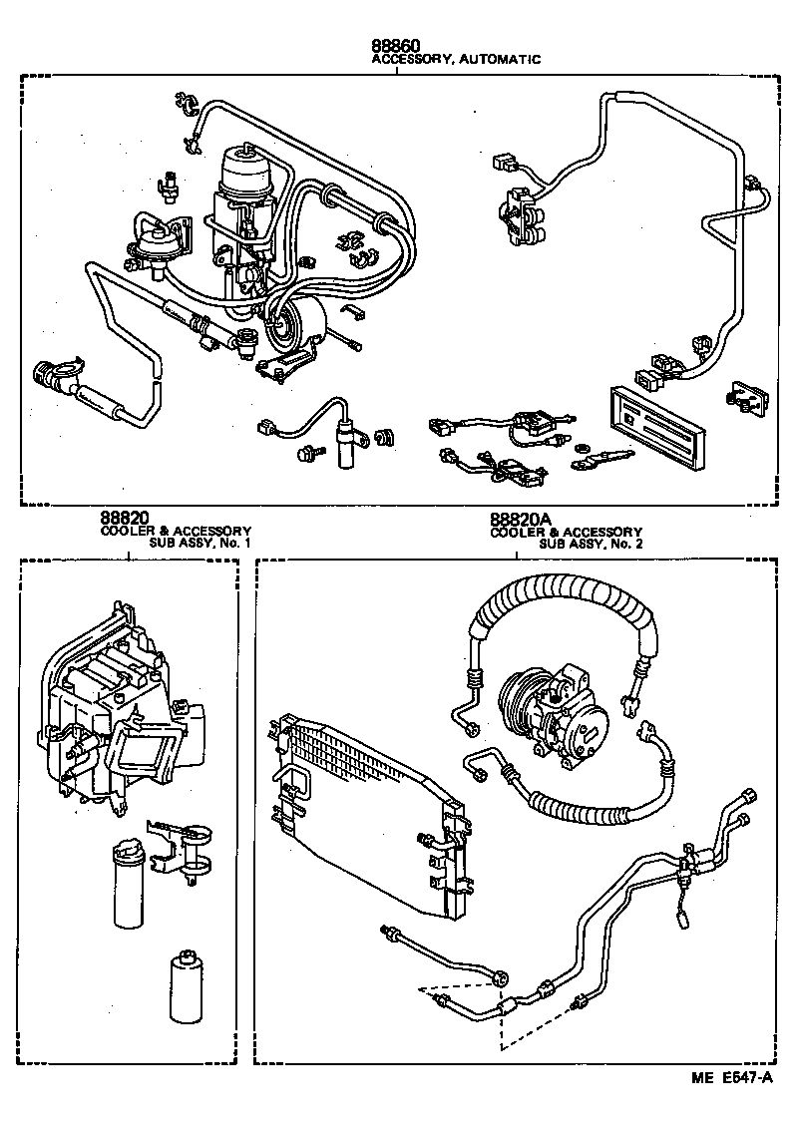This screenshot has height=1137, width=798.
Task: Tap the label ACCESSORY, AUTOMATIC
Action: [x=456, y=60]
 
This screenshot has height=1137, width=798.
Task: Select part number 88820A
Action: [x=520, y=520]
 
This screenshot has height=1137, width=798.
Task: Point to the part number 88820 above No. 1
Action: [x=124, y=519]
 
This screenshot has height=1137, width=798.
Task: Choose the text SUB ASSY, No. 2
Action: [x=591, y=546]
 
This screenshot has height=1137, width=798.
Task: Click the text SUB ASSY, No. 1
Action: [x=199, y=545]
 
